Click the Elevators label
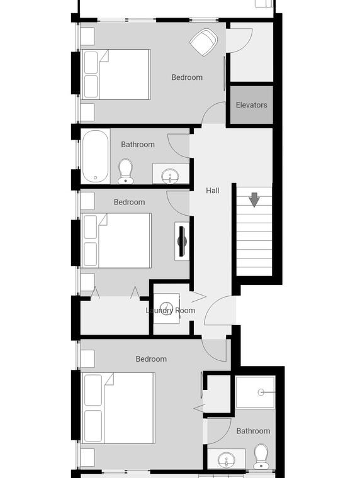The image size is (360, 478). click(x=251, y=105)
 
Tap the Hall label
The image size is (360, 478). click(x=213, y=191)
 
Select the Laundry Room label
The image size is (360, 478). click(x=170, y=310)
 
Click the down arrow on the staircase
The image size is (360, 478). click(x=254, y=199)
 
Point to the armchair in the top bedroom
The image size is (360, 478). click(x=203, y=42)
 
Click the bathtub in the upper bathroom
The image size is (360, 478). click(x=95, y=156)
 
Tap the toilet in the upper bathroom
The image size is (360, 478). click(x=125, y=171)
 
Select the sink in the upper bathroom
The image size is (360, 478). click(x=170, y=176)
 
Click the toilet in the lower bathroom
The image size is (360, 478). click(x=261, y=457)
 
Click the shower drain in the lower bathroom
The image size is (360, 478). click(x=261, y=392)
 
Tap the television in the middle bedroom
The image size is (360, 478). click(x=182, y=241)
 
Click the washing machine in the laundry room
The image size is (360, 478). click(x=166, y=308)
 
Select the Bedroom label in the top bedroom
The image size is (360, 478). click(x=187, y=77)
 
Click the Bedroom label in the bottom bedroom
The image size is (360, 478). click(x=151, y=359)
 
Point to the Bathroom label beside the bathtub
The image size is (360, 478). click(x=138, y=145)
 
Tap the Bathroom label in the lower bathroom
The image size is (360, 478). click(x=253, y=431)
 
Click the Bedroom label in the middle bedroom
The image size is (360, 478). click(x=130, y=202)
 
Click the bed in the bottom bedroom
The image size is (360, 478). click(x=118, y=408)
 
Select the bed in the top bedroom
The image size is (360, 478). click(x=116, y=74)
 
